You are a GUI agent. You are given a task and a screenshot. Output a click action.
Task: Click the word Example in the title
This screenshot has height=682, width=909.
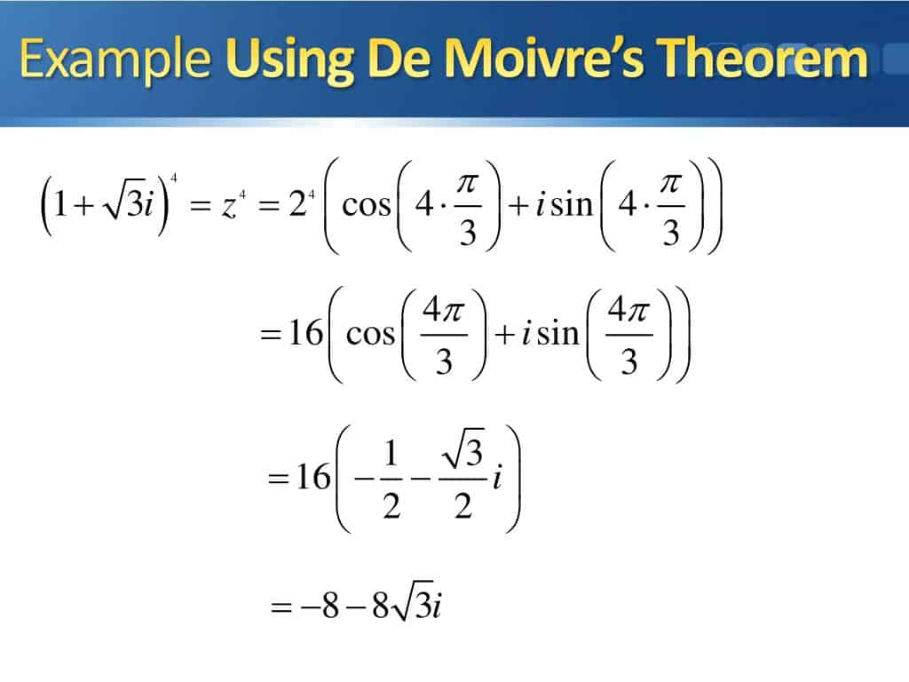(x=115, y=60)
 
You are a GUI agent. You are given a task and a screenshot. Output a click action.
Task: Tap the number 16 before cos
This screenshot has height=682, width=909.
(x=305, y=333)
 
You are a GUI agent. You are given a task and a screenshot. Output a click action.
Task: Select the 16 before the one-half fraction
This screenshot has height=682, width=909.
(x=313, y=477)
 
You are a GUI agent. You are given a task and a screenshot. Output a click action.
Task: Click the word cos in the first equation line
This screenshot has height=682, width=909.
(x=367, y=205)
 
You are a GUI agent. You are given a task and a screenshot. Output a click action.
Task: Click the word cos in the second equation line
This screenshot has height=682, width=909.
(x=370, y=335)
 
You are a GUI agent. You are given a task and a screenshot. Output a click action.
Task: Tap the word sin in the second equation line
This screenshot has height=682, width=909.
(x=558, y=334)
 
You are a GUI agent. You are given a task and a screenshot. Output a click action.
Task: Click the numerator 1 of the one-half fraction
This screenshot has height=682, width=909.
(x=391, y=454)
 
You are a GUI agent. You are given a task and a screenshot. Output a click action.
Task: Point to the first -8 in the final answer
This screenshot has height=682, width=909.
(x=320, y=607)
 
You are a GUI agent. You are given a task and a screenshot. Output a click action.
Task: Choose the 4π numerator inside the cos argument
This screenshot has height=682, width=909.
(x=444, y=310)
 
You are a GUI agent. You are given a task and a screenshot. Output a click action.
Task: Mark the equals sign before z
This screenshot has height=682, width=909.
(x=200, y=205)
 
